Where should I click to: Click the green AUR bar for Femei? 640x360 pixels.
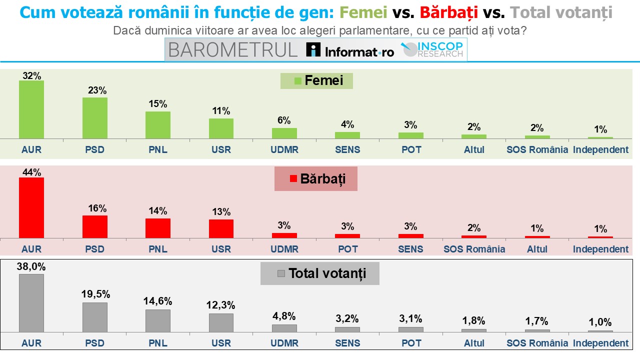[31, 109]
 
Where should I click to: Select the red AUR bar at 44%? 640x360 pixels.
[31, 207]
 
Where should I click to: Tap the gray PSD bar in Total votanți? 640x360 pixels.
[95, 317]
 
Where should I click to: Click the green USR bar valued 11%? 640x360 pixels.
[221, 128]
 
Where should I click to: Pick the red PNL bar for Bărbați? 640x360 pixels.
[158, 228]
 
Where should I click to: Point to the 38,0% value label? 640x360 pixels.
[31, 266]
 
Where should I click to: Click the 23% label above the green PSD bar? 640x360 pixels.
[97, 90]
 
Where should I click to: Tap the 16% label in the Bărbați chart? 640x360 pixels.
[97, 208]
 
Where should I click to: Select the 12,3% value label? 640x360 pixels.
[220, 305]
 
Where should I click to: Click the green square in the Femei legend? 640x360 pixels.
[297, 81]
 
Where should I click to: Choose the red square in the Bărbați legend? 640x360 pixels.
[293, 178]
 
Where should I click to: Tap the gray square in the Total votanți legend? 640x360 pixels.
[281, 273]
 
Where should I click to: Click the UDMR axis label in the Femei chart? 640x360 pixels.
[284, 149]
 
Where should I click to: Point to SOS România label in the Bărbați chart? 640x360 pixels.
[474, 249]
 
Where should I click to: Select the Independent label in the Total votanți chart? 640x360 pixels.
[600, 343]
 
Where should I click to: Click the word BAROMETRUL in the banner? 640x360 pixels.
[233, 50]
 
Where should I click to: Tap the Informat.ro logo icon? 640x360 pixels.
[313, 49]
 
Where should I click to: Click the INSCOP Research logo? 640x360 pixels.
[432, 49]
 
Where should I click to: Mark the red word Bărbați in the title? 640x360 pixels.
[449, 13]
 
